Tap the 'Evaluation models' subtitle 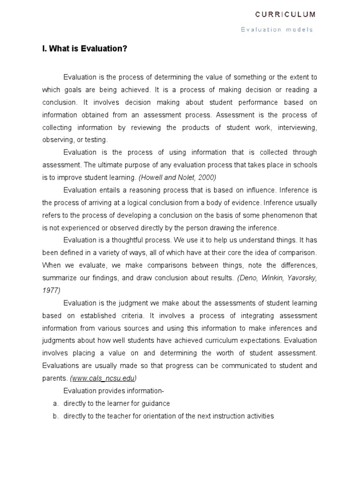[277, 30]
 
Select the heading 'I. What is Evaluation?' [84, 49]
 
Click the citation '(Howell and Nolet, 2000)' [177, 178]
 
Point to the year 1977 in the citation [51, 290]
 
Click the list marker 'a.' [55, 404]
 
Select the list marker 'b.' [55, 416]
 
